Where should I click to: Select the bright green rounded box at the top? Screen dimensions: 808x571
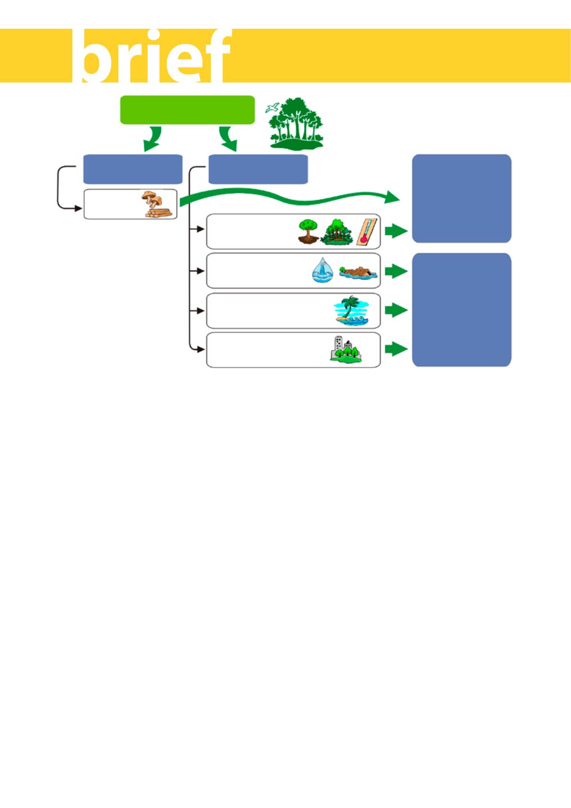(187, 110)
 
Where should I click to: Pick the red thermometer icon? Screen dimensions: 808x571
(367, 232)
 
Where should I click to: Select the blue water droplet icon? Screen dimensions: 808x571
(322, 271)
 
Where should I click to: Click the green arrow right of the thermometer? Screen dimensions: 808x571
(396, 231)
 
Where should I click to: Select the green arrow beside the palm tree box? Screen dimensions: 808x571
(396, 310)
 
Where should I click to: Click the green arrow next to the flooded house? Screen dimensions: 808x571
(396, 271)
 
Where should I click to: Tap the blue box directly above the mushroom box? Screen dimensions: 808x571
(133, 169)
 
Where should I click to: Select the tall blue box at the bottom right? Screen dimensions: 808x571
(462, 309)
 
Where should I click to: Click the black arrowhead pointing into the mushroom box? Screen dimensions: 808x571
(78, 208)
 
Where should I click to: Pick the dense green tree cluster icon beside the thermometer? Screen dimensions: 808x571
(337, 232)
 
